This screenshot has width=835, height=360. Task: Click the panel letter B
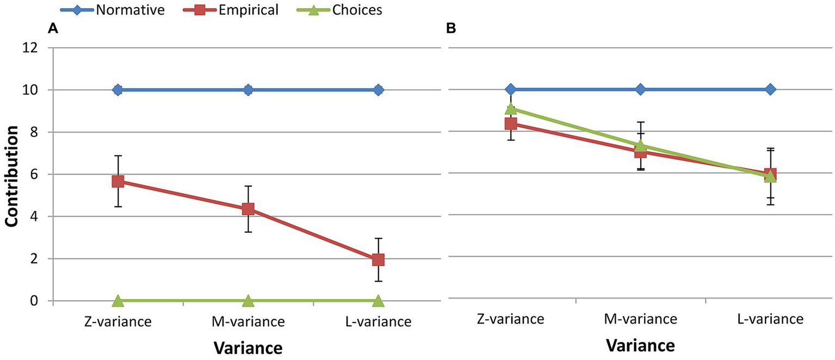(451, 30)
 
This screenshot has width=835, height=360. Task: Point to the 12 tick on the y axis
(30, 48)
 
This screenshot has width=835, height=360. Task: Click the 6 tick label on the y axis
(34, 175)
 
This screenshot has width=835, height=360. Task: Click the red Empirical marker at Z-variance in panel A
(118, 181)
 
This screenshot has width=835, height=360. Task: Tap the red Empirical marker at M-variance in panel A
(248, 209)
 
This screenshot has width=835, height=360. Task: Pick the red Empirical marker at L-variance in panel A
(378, 259)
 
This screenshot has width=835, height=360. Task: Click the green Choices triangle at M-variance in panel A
(248, 300)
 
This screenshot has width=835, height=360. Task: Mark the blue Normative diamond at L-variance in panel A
(378, 90)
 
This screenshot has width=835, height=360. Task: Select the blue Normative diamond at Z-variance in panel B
(511, 89)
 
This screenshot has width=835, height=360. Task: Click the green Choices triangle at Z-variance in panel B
(511, 109)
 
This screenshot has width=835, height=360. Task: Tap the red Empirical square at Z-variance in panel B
(511, 124)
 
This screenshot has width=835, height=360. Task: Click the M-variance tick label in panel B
(641, 319)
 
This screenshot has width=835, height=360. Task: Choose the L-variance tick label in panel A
(378, 322)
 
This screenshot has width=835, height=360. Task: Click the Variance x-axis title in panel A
(247, 347)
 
